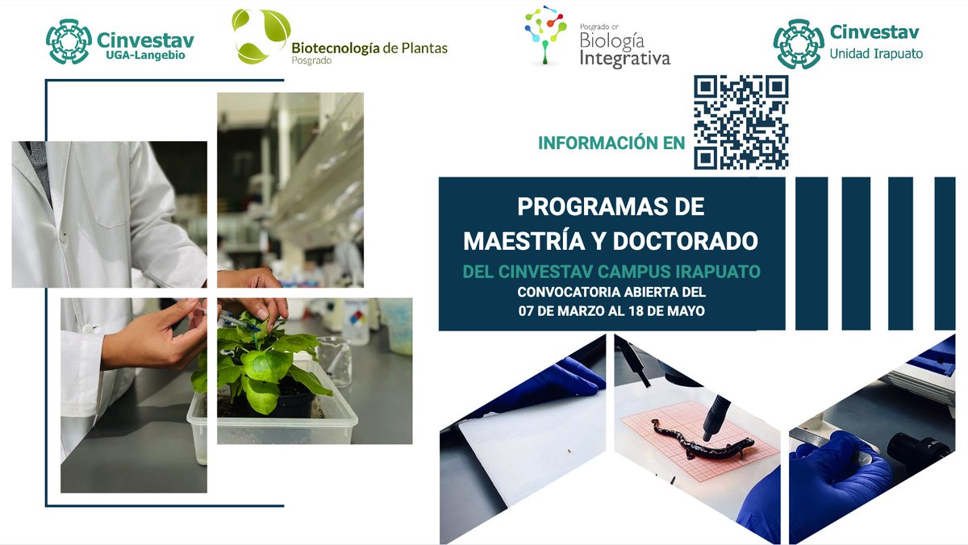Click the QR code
(741, 122)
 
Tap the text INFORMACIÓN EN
(611, 144)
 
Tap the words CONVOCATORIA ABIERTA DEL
(611, 291)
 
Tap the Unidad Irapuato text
(876, 55)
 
